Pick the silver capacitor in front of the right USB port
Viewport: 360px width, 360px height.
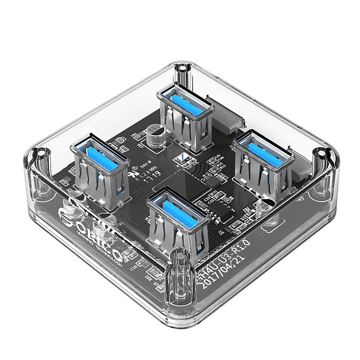tap(264, 207)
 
